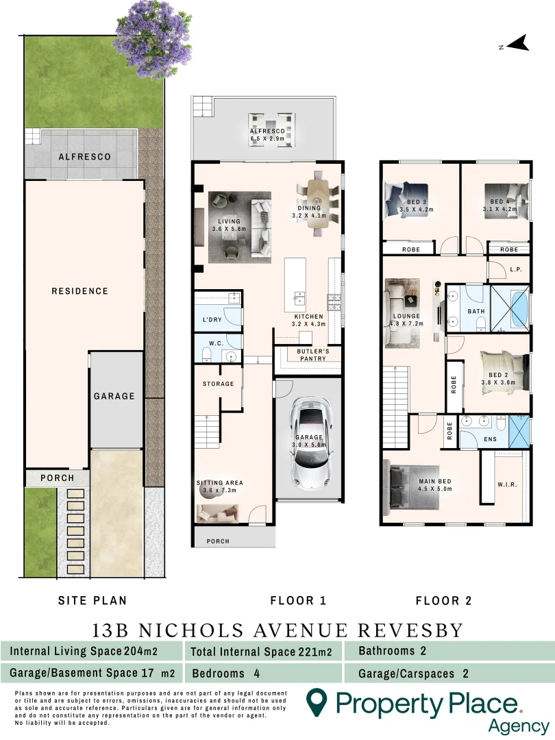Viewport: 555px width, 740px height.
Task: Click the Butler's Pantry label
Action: click(x=313, y=354)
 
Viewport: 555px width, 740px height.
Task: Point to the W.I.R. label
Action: click(x=508, y=485)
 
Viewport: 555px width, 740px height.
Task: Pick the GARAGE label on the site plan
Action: click(x=114, y=396)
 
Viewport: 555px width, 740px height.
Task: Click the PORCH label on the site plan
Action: click(x=57, y=478)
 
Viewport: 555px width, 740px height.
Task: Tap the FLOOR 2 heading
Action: click(x=444, y=601)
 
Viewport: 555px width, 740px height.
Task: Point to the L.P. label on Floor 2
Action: click(x=517, y=270)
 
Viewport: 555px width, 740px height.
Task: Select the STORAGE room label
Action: click(x=218, y=384)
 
